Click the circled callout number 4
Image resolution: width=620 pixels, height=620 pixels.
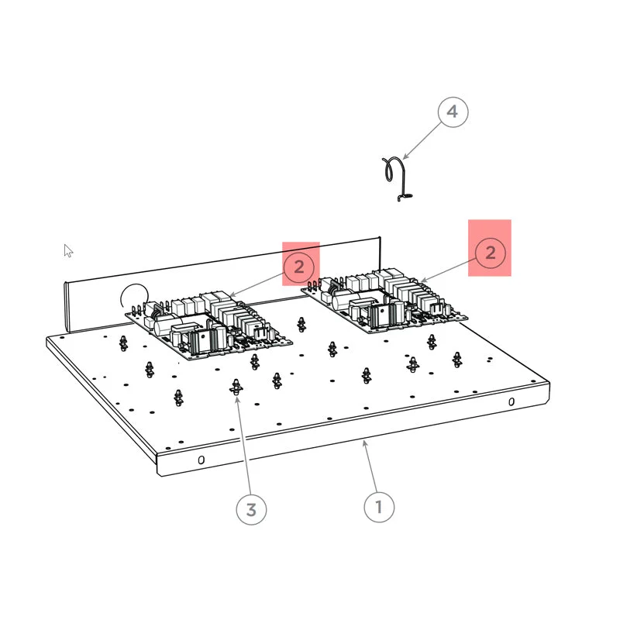[453, 112]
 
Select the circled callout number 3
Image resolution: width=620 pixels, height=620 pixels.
[251, 510]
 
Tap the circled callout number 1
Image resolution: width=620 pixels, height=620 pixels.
[379, 507]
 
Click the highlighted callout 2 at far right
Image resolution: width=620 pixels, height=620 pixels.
[491, 253]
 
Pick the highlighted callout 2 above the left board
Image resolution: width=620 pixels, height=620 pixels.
[299, 267]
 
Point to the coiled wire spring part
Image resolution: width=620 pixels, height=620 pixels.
[398, 179]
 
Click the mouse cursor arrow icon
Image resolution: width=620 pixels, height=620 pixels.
[68, 250]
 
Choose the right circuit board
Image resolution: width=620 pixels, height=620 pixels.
[384, 301]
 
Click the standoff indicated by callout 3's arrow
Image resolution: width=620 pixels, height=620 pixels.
[236, 387]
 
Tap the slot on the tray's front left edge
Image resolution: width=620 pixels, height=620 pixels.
[201, 460]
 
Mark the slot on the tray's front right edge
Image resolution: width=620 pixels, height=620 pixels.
[511, 401]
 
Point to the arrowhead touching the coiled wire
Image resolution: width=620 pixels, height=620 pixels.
[405, 157]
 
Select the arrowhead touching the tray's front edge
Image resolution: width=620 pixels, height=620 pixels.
[365, 443]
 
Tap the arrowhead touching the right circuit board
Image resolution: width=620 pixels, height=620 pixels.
[423, 280]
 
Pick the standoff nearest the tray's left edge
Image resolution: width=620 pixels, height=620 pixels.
[123, 343]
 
